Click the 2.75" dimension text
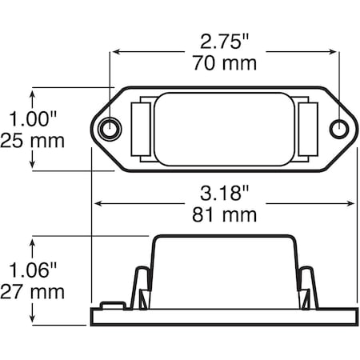pos(224,42)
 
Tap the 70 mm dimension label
pos(225,63)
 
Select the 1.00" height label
pos(33,118)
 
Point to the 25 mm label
pos(32,141)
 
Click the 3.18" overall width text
pos(224,194)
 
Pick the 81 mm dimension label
pos(225,215)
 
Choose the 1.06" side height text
pos(33,270)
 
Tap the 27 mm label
pos(32,292)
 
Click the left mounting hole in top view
pos(110,130)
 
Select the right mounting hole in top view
pos(339,130)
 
